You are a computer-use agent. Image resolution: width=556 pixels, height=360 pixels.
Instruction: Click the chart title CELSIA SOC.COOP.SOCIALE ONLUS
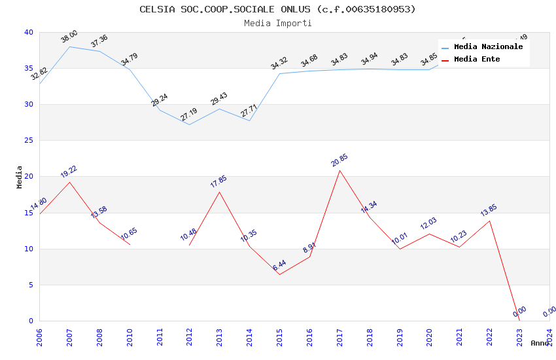tap(277, 9)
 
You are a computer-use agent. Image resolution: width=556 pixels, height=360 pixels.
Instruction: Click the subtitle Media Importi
tap(277, 23)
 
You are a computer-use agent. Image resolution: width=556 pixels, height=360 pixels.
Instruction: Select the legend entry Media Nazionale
tap(488, 47)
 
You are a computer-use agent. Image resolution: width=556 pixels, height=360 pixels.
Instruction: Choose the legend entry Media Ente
tap(477, 60)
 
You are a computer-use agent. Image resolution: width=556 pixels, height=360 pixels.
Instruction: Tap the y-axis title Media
tap(20, 177)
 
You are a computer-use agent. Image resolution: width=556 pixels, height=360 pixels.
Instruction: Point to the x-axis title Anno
tap(540, 343)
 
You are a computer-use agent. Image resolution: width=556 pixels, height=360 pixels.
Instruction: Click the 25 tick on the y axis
tap(28, 140)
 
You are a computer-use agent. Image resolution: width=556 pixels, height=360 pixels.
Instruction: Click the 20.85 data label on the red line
tap(339, 160)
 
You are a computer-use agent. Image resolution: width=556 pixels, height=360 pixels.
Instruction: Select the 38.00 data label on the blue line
tap(69, 37)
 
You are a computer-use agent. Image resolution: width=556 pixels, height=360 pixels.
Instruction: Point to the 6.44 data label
tap(279, 264)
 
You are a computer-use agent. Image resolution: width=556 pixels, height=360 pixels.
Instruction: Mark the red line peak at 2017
tap(339, 170)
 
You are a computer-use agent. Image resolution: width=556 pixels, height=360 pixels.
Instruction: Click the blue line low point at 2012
tap(190, 124)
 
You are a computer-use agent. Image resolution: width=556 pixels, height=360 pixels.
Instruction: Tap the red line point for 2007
tap(69, 182)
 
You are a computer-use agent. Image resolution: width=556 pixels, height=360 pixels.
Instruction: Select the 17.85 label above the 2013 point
tap(218, 182)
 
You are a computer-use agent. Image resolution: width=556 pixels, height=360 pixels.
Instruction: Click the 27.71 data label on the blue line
tap(249, 110)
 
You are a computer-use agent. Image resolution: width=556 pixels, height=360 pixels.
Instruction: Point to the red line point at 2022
tap(489, 221)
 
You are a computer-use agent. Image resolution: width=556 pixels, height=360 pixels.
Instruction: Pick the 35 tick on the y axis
tap(28, 68)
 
